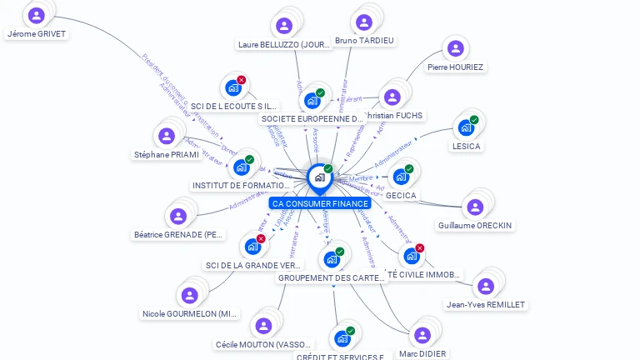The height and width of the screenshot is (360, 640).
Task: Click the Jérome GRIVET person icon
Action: point(36,15)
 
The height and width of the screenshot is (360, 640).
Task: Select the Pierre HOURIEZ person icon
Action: point(453,48)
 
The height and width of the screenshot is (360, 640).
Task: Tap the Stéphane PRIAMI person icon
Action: point(167,136)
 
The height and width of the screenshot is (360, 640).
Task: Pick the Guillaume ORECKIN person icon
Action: point(475,207)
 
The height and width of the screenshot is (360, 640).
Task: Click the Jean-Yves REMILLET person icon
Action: point(486,286)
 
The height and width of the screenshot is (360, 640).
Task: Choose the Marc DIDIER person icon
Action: point(422,335)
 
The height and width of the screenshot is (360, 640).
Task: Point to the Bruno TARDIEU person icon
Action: point(363,22)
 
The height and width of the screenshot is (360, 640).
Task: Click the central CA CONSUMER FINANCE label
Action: point(320,203)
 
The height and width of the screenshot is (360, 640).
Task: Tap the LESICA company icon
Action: point(465,128)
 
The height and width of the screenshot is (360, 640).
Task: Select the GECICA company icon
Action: point(400,177)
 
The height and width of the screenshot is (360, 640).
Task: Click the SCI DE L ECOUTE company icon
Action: point(232,87)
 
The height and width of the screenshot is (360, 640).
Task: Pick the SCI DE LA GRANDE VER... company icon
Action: point(252,247)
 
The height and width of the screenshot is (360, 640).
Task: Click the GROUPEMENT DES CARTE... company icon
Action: point(331,259)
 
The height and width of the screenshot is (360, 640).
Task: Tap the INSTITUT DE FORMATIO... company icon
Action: point(241,167)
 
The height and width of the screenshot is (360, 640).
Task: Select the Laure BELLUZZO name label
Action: point(284,45)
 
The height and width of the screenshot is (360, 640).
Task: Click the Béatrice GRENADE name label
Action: point(179,235)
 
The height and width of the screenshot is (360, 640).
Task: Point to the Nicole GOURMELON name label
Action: point(190,314)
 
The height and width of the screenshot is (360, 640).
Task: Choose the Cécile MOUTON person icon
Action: point(264,325)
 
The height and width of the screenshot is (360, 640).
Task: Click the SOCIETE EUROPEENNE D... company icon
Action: point(312,101)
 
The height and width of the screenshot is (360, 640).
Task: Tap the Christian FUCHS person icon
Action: point(392,97)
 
